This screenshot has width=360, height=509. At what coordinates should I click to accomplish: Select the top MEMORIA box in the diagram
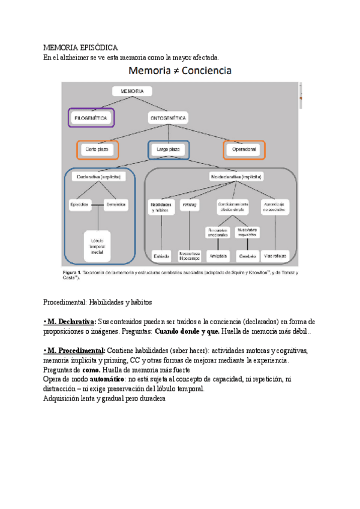[x=132, y=91]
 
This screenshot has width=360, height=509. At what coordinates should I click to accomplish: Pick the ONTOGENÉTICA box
[x=167, y=118]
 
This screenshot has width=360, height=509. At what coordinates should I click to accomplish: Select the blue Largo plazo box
[x=168, y=149]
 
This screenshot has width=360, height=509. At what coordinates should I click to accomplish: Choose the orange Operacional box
[x=244, y=149]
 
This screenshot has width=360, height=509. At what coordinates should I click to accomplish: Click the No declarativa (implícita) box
[x=238, y=177]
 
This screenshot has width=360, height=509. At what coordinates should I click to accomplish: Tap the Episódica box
[x=79, y=205]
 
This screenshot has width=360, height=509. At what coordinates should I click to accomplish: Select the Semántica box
[x=116, y=205]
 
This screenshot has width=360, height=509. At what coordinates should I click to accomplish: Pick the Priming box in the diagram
[x=190, y=204]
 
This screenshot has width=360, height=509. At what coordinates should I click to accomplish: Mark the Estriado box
[x=161, y=256]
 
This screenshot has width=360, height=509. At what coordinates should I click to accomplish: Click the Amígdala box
[x=217, y=256]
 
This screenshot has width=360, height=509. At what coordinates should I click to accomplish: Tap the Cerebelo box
[x=247, y=256]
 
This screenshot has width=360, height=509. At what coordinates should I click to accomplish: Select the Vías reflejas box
[x=276, y=256]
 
